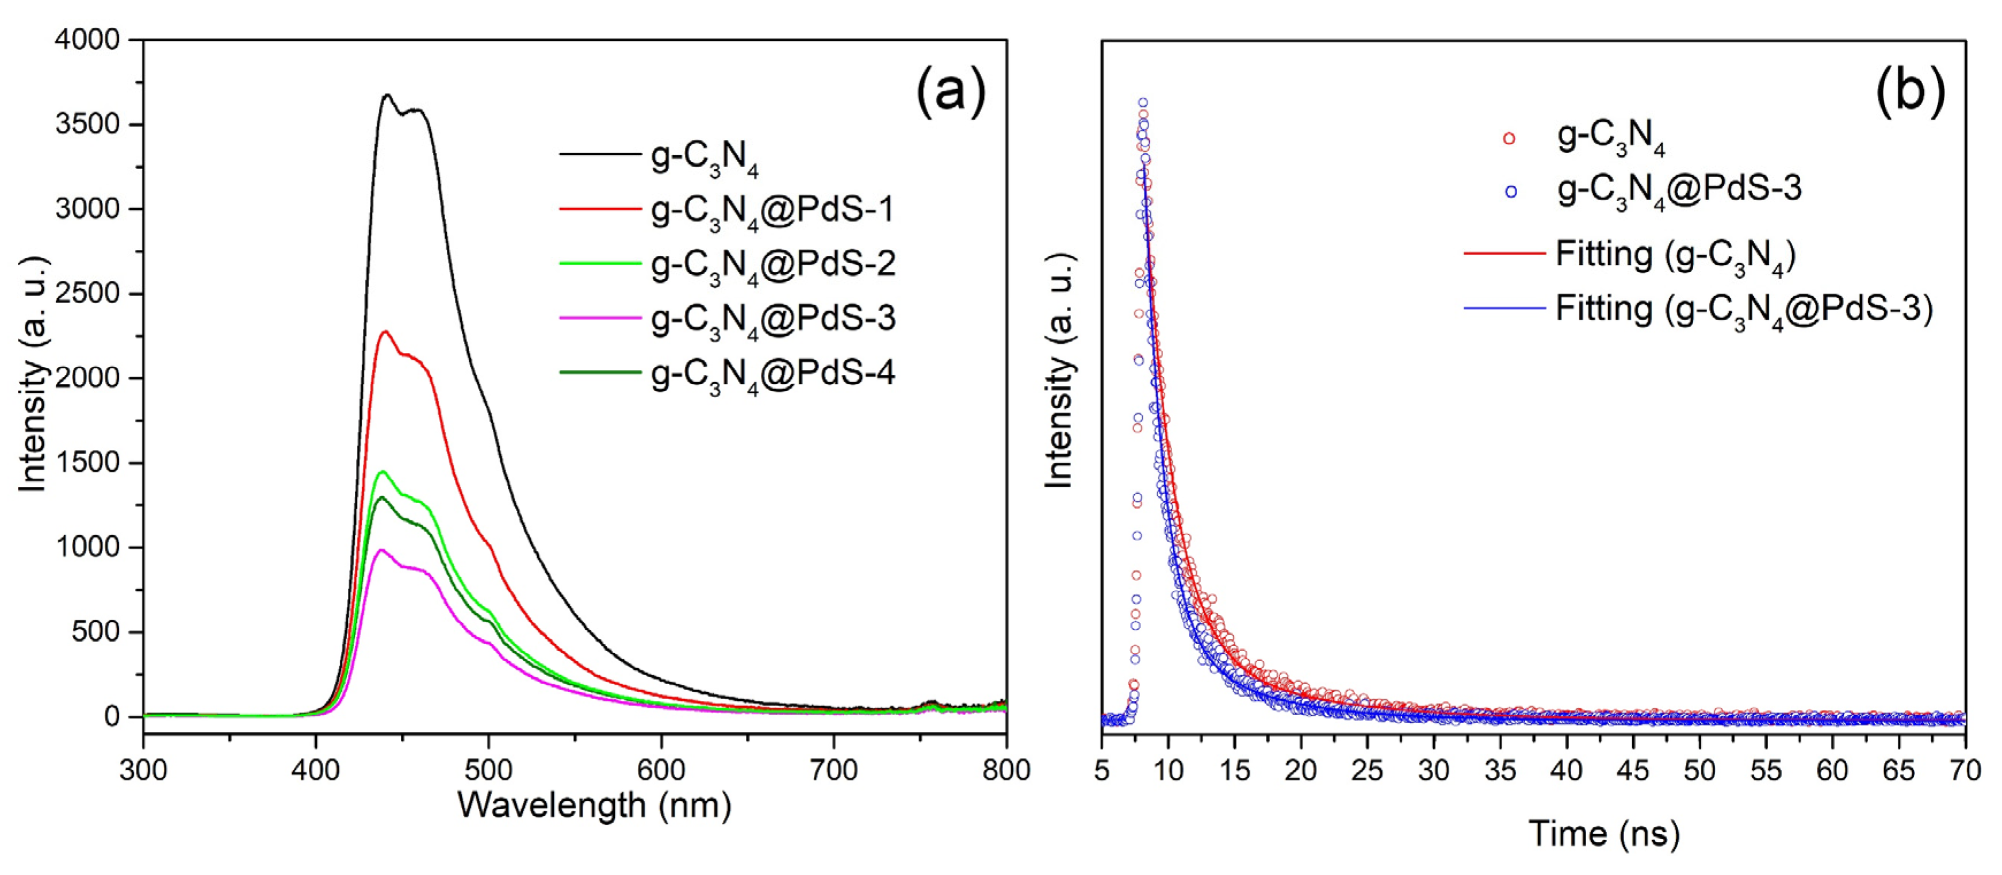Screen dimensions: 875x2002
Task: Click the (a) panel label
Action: tap(951, 91)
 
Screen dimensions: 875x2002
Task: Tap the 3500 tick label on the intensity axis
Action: tap(88, 124)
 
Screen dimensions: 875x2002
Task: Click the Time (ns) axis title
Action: tap(1604, 834)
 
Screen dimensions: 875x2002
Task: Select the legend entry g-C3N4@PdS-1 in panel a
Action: tap(772, 210)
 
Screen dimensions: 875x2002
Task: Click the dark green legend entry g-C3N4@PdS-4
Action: tap(772, 374)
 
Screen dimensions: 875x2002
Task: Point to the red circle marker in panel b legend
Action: tap(1509, 139)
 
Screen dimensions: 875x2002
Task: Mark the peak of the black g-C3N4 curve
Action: tap(387, 95)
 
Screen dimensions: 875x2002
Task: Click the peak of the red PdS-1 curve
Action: tap(385, 332)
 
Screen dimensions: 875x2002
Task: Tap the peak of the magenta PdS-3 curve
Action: tap(381, 550)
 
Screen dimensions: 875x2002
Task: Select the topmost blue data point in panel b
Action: tap(1142, 102)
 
